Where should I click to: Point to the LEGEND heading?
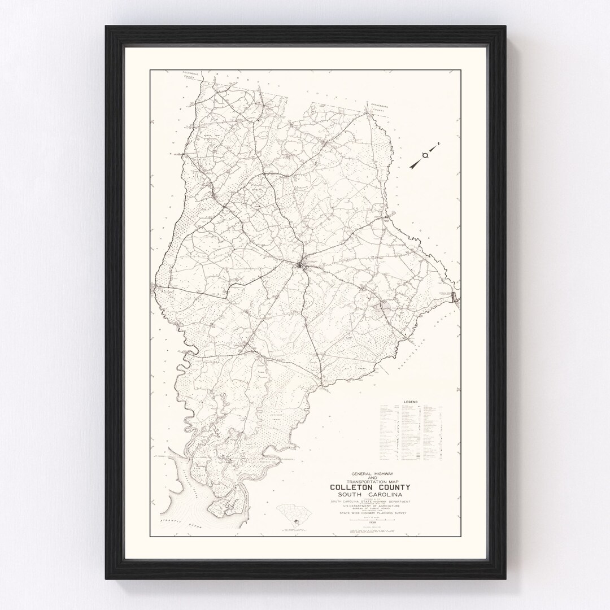point(410,402)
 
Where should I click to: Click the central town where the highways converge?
point(300,264)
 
